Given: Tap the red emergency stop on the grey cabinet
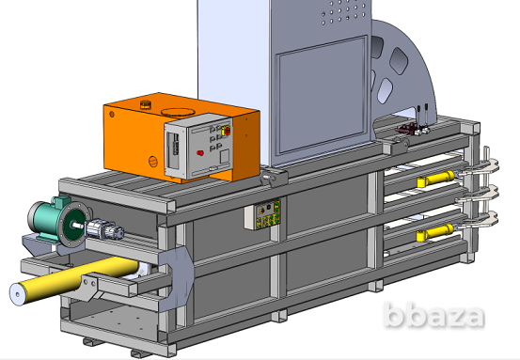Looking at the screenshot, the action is click(x=227, y=131).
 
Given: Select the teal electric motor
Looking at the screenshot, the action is click(x=56, y=221).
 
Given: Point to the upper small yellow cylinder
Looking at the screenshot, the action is click(x=435, y=179).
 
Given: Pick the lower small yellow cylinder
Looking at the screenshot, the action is click(x=435, y=232).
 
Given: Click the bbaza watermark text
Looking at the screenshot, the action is click(x=433, y=315).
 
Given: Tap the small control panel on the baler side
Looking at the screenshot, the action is click(x=262, y=214).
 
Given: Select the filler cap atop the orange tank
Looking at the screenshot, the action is click(x=146, y=104).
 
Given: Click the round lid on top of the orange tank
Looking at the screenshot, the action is click(x=178, y=112).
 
